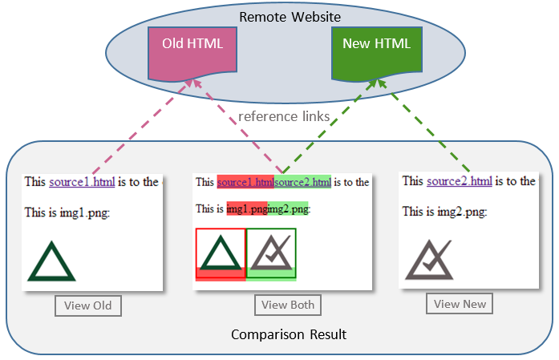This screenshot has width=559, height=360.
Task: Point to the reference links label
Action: click(x=284, y=117)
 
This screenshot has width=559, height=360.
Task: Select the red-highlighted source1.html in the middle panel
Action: click(x=245, y=183)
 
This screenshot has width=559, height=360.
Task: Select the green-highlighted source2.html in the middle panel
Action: click(x=302, y=183)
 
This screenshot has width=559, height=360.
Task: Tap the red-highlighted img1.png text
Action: click(x=246, y=209)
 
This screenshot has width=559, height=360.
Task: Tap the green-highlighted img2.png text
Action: click(x=288, y=209)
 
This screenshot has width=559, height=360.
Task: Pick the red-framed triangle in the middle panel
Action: click(x=221, y=251)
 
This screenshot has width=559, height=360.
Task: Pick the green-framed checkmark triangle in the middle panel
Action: click(x=271, y=251)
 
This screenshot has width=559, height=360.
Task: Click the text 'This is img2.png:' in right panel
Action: click(x=444, y=212)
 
